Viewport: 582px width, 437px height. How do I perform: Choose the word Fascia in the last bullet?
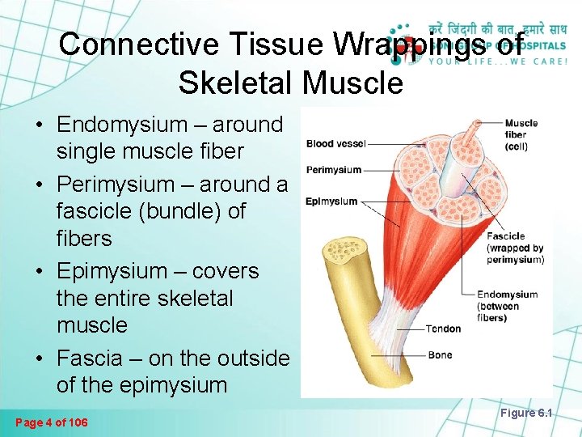pos(90,358)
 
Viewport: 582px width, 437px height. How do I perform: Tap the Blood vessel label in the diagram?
pos(335,144)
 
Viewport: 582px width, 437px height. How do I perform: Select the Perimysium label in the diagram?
pos(333,170)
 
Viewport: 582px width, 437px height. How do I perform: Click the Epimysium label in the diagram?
pos(331,201)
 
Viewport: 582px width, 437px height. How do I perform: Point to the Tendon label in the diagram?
pos(443,329)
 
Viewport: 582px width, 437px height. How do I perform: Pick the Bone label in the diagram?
pos(441,355)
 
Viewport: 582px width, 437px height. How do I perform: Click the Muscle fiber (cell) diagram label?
pos(521,134)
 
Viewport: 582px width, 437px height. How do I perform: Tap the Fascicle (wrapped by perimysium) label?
pos(515,248)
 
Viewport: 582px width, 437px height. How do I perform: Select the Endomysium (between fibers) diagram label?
pos(507,306)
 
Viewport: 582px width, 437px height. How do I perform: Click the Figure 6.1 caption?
pos(525,413)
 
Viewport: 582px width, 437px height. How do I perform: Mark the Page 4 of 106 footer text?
pos(53,422)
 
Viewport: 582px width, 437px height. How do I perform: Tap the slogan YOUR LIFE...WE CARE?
pos(496,60)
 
